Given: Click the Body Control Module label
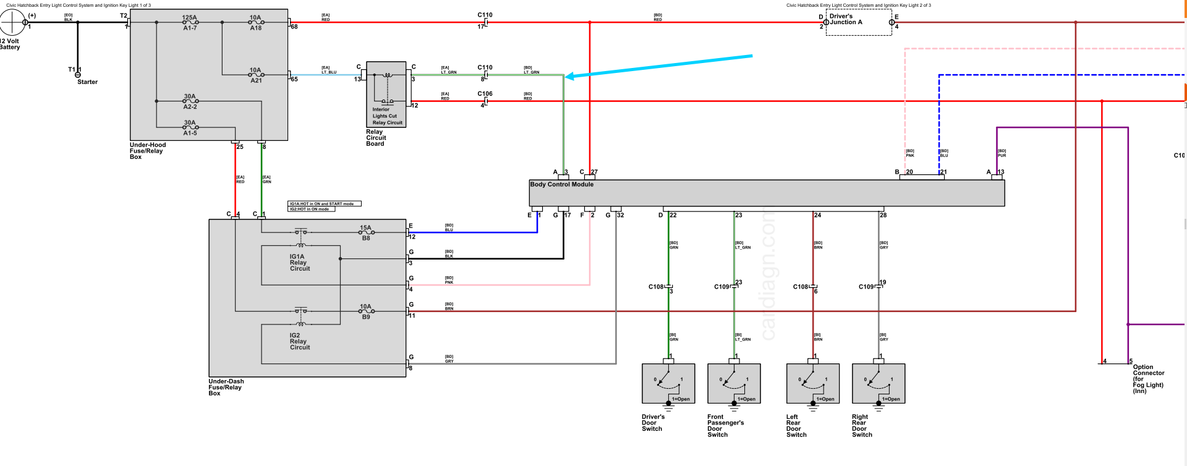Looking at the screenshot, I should pyautogui.click(x=561, y=184).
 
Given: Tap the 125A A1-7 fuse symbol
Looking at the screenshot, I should pyautogui.click(x=190, y=22).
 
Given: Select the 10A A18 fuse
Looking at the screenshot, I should pyautogui.click(x=255, y=22).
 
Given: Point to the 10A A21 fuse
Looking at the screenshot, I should pyautogui.click(x=255, y=75).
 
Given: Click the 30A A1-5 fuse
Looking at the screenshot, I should pyautogui.click(x=190, y=127).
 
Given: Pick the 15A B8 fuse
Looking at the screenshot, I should pyautogui.click(x=366, y=232).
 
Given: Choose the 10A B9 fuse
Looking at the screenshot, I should pyautogui.click(x=366, y=311).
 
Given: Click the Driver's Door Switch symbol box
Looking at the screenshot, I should pyautogui.click(x=668, y=383).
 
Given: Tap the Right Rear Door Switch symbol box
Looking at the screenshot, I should pyautogui.click(x=878, y=383).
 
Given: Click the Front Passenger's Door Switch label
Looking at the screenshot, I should pyautogui.click(x=725, y=426).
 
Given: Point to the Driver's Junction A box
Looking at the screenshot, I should pyautogui.click(x=858, y=23).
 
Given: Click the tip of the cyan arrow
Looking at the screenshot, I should pyautogui.click(x=566, y=77).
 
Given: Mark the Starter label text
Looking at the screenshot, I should pyautogui.click(x=87, y=82).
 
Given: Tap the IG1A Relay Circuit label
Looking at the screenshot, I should pyautogui.click(x=300, y=263).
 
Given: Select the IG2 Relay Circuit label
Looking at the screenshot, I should pyautogui.click(x=300, y=342).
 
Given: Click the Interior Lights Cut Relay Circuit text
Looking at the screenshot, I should pyautogui.click(x=387, y=116).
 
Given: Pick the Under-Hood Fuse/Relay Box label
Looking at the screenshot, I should pyautogui.click(x=147, y=151).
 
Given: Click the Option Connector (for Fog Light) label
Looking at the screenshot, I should pyautogui.click(x=1148, y=379).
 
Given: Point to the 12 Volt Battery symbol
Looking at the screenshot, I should pyautogui.click(x=12, y=23).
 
